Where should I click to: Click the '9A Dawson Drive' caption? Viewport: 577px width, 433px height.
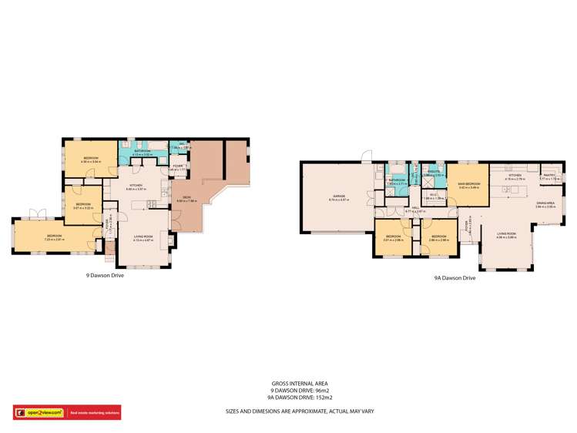[455, 278]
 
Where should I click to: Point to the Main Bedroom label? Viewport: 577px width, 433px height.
[469, 184]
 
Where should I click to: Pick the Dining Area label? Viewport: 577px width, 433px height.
[546, 202]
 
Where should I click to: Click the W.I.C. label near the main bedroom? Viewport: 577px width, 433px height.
[434, 194]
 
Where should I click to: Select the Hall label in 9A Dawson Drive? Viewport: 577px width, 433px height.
[414, 206]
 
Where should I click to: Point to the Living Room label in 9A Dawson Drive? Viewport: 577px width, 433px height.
[506, 233]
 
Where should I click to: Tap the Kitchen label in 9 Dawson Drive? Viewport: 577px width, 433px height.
[137, 185]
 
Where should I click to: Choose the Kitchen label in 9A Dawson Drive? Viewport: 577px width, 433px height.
[514, 175]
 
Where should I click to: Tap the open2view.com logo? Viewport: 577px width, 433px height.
[38, 411]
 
